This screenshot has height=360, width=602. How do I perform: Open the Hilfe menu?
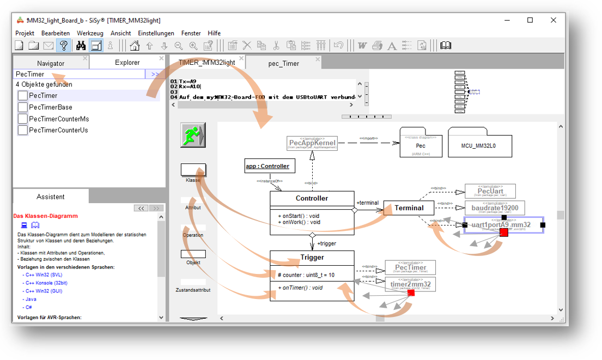[x=214, y=33]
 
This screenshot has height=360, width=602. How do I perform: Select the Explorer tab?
[x=127, y=63]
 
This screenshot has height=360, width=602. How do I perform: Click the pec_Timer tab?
[x=283, y=63]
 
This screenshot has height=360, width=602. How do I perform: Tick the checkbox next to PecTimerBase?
[x=23, y=107]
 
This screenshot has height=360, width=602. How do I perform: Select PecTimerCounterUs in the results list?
[x=59, y=130]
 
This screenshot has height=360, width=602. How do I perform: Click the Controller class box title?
[x=312, y=198]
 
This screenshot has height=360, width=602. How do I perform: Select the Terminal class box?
[x=409, y=208]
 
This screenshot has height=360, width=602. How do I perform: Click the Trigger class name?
[x=312, y=257]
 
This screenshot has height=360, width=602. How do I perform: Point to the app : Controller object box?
[x=267, y=166]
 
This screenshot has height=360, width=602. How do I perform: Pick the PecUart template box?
[x=490, y=191]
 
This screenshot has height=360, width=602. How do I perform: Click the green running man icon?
[x=193, y=135]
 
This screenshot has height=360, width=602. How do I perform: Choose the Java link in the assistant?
[x=31, y=299]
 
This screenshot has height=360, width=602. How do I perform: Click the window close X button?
[x=554, y=20]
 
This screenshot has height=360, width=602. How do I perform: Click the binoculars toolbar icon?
[x=81, y=46]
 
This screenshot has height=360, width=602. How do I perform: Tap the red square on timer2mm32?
[x=411, y=293]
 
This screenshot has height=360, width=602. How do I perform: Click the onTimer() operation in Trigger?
[x=301, y=288]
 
